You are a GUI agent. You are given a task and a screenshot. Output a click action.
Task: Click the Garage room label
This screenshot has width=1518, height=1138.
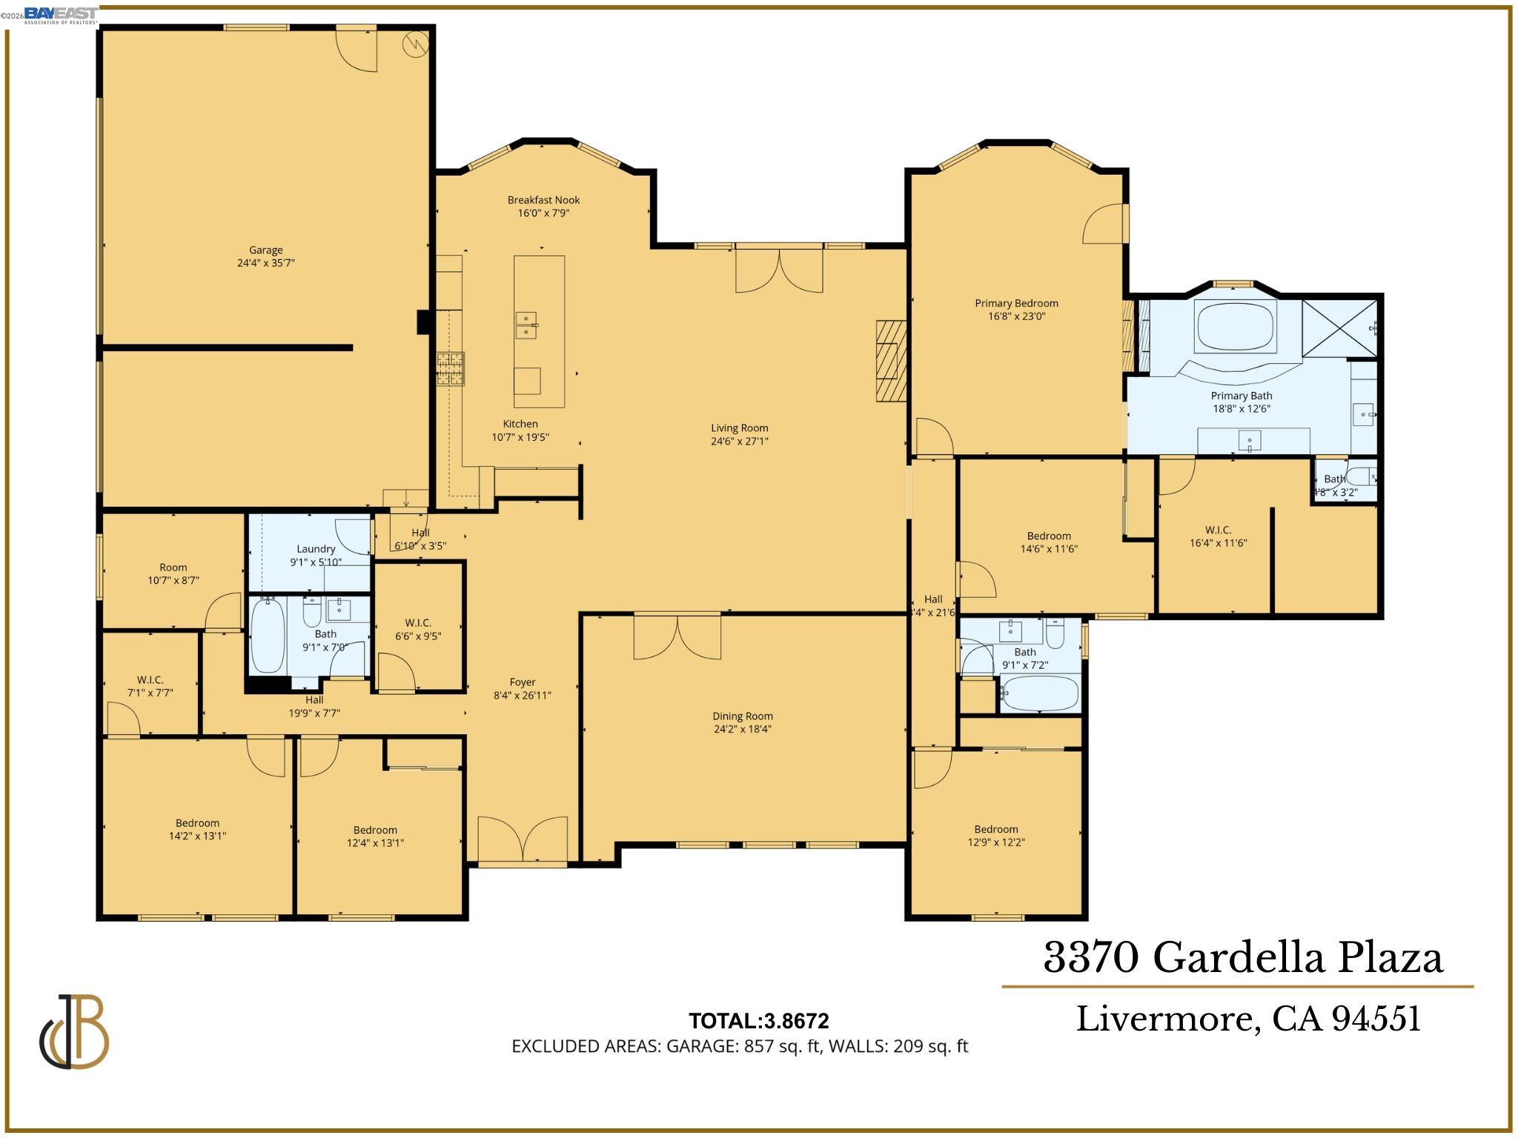[265, 250]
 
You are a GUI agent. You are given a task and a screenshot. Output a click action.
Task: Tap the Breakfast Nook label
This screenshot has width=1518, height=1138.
[543, 200]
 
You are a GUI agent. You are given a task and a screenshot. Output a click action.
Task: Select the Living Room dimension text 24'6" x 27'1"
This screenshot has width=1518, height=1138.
[739, 442]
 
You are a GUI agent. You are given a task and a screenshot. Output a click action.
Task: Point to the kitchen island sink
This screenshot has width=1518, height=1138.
[526, 325]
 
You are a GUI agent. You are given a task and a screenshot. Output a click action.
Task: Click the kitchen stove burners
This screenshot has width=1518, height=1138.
[450, 368]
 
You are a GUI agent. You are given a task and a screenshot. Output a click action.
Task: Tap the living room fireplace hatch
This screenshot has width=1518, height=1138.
[891, 361]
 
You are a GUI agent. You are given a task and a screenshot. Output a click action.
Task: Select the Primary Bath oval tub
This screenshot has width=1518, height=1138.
[1235, 327]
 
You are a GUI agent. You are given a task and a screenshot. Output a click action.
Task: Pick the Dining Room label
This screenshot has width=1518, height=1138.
[742, 716]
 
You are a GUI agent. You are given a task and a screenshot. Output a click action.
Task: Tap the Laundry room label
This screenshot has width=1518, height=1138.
[316, 549]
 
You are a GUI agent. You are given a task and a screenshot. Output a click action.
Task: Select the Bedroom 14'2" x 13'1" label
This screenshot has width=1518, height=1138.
[197, 823]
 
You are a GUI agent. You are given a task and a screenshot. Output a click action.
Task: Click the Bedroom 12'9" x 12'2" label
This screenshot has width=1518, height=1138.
[995, 829]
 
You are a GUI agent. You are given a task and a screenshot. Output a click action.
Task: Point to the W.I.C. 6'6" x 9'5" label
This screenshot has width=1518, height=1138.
[418, 623]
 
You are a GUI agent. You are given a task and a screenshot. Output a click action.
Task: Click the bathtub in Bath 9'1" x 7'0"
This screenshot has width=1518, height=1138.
[268, 636]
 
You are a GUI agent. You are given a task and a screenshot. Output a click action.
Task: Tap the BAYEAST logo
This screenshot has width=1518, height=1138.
[60, 15]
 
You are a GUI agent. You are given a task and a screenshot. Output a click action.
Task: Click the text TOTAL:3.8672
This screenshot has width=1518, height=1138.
[758, 1021]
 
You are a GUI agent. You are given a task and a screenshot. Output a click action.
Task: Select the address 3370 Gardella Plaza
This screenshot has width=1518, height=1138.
[1243, 957]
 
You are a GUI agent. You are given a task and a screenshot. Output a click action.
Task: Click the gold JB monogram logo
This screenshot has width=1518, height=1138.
[74, 1031]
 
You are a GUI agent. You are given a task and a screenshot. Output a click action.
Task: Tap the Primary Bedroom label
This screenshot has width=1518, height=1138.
[1015, 303]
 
